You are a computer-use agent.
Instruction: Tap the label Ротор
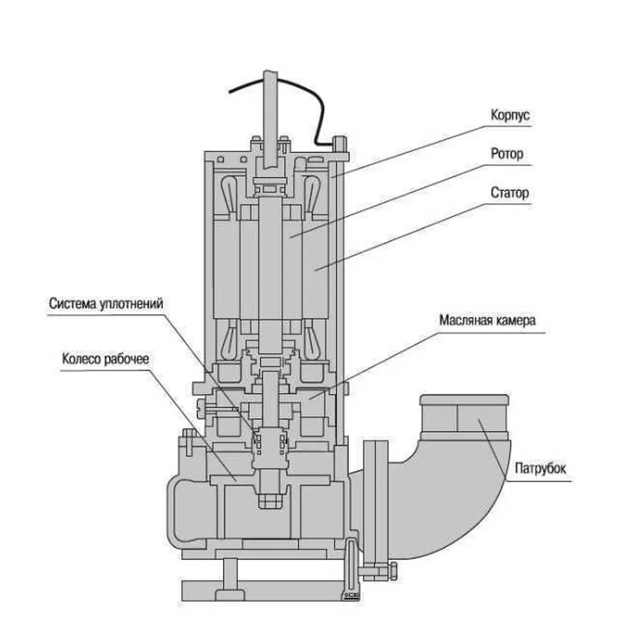[x=506, y=154]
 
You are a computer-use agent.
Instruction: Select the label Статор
[x=509, y=193]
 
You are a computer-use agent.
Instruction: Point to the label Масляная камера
[x=487, y=320]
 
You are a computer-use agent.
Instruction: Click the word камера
[x=515, y=320]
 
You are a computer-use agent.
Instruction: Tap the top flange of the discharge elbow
[x=464, y=400]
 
